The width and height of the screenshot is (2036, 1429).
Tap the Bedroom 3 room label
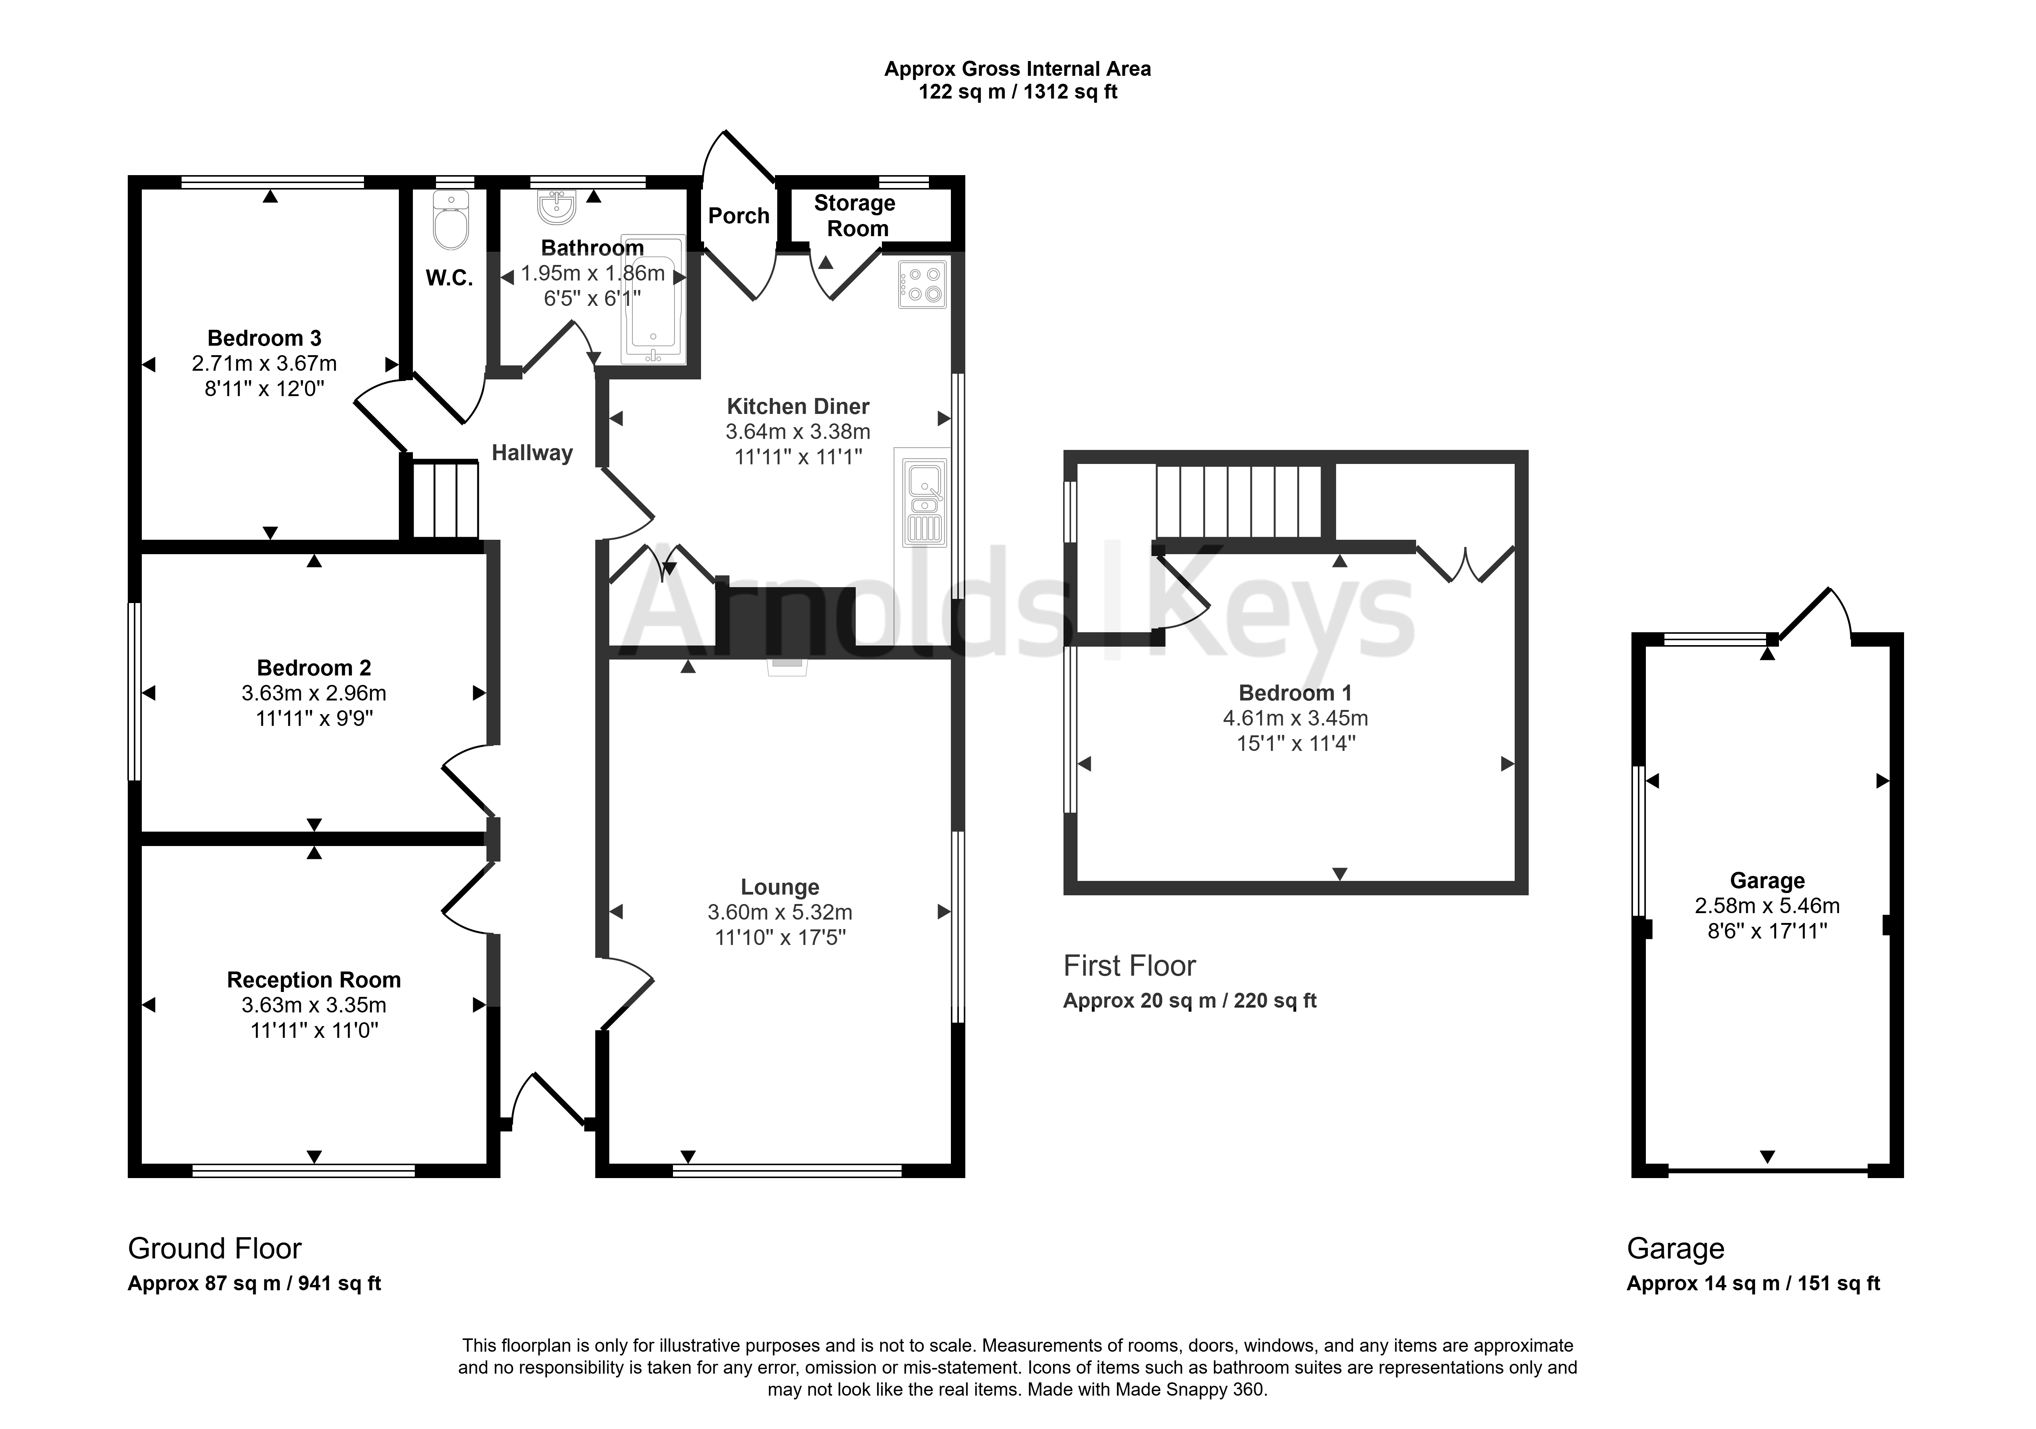264,338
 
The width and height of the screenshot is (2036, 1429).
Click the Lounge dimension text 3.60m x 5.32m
780,912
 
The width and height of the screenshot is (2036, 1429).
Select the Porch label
739,215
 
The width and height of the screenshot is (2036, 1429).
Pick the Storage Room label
856,215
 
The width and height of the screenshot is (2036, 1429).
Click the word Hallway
532,453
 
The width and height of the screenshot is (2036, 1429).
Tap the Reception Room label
314,979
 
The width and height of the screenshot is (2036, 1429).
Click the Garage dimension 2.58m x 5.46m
1767,906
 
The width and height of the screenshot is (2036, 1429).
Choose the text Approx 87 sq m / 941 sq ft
254,1283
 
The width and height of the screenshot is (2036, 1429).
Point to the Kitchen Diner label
798,406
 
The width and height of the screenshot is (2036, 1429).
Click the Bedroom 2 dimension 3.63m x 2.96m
314,693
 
